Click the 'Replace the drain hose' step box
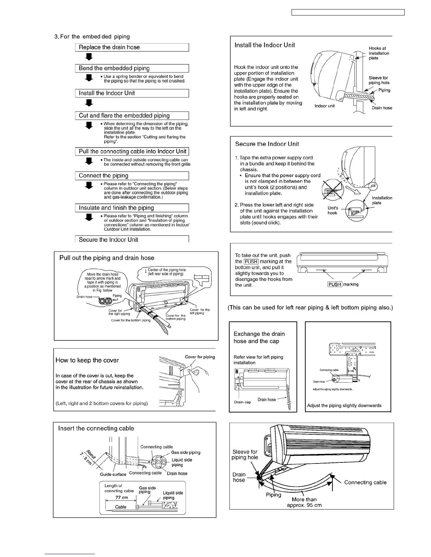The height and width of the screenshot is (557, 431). (132, 47)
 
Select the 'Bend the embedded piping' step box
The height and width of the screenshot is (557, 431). (132, 69)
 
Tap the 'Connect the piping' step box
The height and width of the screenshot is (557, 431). (132, 176)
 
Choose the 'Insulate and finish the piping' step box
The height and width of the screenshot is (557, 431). (132, 208)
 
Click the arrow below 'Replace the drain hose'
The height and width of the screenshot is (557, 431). (89, 57)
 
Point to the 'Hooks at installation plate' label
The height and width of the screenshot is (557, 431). (379, 53)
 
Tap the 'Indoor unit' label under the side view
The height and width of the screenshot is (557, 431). (325, 106)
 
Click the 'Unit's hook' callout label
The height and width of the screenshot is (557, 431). (333, 210)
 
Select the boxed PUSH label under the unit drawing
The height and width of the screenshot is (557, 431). (335, 284)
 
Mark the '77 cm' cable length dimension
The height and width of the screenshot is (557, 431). (122, 498)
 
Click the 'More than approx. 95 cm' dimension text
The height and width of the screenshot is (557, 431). (304, 502)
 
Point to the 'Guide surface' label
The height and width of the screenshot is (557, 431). (113, 474)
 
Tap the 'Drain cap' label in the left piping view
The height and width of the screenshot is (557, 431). (242, 402)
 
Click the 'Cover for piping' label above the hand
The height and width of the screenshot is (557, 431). (200, 357)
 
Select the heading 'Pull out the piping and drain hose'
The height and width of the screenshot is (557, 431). (107, 258)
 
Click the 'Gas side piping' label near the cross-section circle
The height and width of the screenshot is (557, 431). (186, 453)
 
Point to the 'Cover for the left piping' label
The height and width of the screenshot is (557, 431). (200, 312)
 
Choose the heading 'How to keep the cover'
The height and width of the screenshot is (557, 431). (87, 360)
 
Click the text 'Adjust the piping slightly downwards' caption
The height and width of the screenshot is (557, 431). (344, 405)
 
